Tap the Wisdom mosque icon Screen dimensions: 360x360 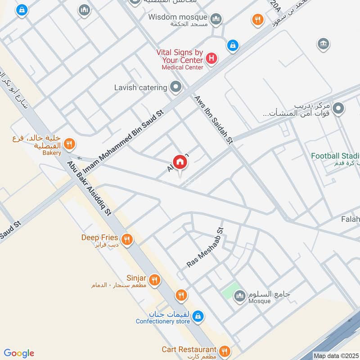(216, 19)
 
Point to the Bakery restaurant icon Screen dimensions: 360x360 (69, 144)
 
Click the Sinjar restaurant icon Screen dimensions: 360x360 (154, 279)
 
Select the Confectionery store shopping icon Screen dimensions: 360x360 (197, 317)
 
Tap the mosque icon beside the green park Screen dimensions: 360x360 (239, 295)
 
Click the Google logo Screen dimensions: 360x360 (19, 353)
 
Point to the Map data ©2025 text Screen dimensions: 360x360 (336, 355)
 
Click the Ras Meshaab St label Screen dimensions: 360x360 (205, 248)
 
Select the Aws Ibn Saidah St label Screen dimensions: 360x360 (213, 120)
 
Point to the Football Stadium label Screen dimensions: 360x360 (335, 156)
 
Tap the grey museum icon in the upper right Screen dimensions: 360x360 (323, 44)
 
